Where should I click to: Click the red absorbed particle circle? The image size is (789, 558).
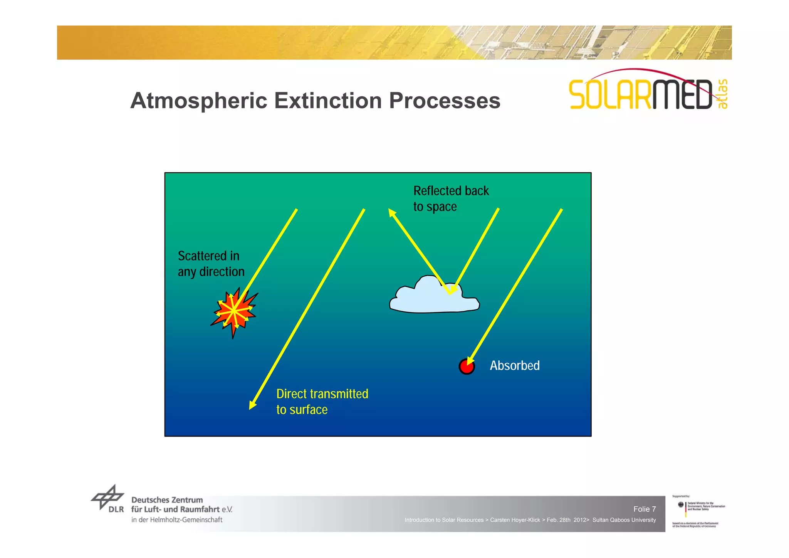pyautogui.click(x=466, y=367)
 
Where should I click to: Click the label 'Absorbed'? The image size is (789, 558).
pyautogui.click(x=514, y=365)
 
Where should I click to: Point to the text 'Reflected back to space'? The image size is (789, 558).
pyautogui.click(x=450, y=198)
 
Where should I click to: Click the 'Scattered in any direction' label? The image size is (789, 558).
pyautogui.click(x=211, y=264)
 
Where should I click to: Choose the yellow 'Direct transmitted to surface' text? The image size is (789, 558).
pyautogui.click(x=322, y=402)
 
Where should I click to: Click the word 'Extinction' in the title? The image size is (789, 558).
pyautogui.click(x=328, y=101)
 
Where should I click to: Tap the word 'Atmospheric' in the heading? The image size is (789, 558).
pyautogui.click(x=198, y=101)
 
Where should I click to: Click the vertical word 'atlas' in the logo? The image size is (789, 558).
pyautogui.click(x=722, y=94)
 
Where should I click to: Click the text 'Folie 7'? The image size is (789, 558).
pyautogui.click(x=644, y=509)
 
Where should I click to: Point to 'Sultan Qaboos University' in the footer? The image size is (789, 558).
pyautogui.click(x=624, y=520)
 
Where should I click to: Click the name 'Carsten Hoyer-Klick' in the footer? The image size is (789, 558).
pyautogui.click(x=515, y=520)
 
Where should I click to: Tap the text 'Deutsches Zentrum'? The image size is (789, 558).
pyautogui.click(x=167, y=500)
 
